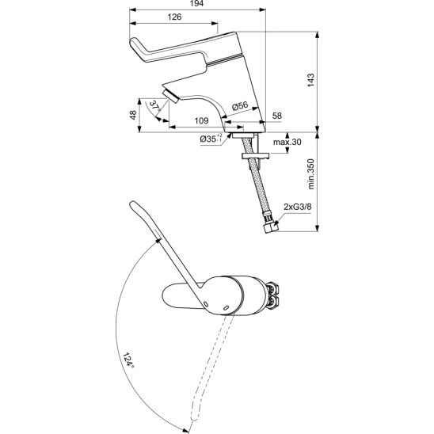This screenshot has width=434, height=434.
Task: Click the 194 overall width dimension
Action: click(197, 3)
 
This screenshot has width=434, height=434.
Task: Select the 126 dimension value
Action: click(175, 17)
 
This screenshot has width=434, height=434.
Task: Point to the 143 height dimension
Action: click(310, 80)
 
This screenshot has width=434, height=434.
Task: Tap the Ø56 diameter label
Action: click(240, 106)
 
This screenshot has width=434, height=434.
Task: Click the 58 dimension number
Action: click(277, 116)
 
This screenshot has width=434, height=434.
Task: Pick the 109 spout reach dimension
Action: click(201, 121)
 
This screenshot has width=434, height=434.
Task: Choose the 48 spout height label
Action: click(133, 115)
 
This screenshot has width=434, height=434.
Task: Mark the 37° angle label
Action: click(154, 106)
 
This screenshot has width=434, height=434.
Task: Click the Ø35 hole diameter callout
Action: click(211, 139)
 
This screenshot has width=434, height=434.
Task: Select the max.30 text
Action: click(287, 142)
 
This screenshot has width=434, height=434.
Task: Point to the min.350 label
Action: click(310, 174)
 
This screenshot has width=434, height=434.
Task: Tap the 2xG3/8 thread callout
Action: click(298, 207)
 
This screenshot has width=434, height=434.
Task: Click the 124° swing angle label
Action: click(128, 360)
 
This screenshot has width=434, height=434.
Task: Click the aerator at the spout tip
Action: click(170, 96)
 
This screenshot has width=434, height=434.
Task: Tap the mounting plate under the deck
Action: click(255, 156)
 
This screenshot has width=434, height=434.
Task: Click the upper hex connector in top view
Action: click(272, 289)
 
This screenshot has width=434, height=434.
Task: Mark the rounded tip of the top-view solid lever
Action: click(133, 204)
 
